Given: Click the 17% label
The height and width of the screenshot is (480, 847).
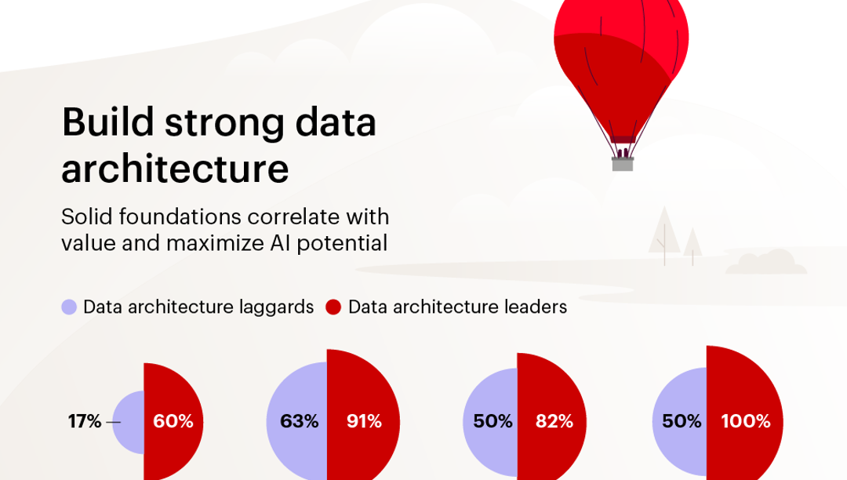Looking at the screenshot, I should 85,422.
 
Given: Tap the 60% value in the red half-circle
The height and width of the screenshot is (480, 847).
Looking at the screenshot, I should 173,422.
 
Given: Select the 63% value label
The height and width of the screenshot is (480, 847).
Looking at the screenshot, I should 300,422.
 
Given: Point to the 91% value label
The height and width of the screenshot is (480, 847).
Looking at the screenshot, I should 364,422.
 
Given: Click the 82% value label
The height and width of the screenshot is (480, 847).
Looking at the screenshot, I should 554,422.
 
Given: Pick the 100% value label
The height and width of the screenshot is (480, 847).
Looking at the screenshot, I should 746,422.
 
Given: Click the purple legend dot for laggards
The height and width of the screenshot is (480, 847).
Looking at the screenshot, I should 69,307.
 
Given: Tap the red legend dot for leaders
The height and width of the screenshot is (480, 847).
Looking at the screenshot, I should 333,307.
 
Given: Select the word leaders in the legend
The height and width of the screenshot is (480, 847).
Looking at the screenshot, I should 536,307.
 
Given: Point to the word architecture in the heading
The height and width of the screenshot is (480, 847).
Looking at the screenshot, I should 175,169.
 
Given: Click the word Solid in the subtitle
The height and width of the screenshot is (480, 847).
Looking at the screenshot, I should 85,216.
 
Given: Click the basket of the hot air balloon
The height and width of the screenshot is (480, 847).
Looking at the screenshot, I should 623,164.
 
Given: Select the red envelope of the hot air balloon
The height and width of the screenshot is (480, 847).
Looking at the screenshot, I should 621,63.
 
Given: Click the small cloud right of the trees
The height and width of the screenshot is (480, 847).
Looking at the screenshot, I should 765,263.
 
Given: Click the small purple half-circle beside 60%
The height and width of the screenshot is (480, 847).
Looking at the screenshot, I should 129,422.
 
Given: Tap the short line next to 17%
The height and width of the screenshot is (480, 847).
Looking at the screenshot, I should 114,423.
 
